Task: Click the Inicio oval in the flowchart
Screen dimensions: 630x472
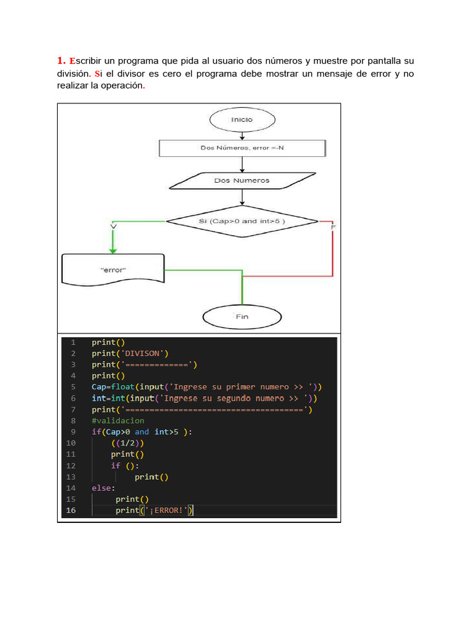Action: click(242, 119)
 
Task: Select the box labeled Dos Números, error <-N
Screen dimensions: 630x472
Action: click(242, 148)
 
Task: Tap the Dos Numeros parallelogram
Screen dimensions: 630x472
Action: click(242, 180)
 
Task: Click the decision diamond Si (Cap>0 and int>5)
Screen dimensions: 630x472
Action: click(242, 220)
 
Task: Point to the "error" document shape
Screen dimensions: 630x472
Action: click(112, 269)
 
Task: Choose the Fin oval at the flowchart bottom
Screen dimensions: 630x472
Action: click(242, 317)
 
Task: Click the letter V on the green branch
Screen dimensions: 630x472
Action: click(112, 227)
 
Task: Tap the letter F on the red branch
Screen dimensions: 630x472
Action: click(333, 228)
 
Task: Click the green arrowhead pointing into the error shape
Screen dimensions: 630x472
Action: click(112, 249)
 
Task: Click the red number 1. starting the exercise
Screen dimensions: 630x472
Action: click(61, 61)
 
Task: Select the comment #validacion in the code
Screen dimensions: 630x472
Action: click(118, 421)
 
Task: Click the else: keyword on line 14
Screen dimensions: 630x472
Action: click(103, 488)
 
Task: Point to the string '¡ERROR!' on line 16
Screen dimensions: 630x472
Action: click(166, 511)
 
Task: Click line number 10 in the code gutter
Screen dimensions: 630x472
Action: click(70, 443)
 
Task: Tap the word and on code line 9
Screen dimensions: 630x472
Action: click(142, 432)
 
